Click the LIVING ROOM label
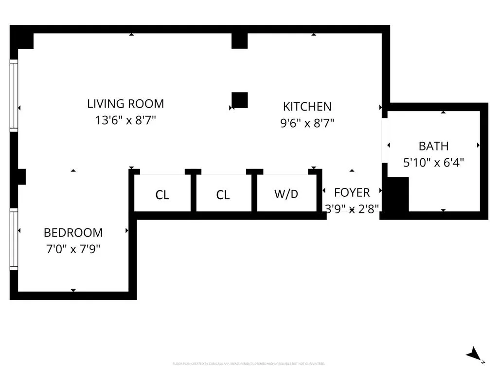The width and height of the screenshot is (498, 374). tap(125, 104)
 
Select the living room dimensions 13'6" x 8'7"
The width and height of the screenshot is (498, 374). tap(125, 120)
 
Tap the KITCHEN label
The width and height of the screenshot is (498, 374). tap(307, 107)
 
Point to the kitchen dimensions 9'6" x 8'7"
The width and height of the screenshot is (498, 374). tap(307, 123)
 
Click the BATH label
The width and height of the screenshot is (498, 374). tap(433, 146)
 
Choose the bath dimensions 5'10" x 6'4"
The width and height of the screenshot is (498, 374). tap(433, 162)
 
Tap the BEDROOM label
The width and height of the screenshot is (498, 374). tap(73, 233)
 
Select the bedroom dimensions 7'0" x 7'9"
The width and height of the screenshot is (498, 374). tap(73, 249)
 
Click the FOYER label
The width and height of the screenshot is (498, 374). tap(352, 192)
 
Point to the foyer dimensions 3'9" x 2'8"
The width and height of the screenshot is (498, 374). tap(352, 208)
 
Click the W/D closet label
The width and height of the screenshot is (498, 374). tap(286, 194)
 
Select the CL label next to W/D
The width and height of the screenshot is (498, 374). tap(223, 195)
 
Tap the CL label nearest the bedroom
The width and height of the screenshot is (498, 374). tap(162, 195)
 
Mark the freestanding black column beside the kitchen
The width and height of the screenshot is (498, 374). tap(240, 100)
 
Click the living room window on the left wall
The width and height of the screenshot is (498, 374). tap(14, 95)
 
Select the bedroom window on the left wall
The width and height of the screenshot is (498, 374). tap(14, 240)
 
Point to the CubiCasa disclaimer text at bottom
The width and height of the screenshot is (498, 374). tap(249, 364)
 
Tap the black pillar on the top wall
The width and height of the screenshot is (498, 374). tap(239, 40)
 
